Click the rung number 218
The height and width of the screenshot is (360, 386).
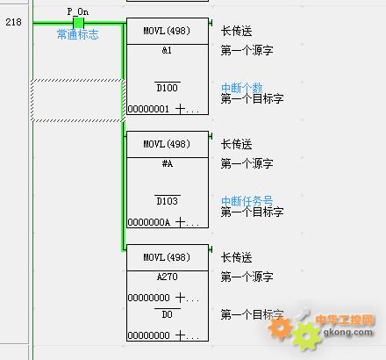point(13,22)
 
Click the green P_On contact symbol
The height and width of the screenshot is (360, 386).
point(78,23)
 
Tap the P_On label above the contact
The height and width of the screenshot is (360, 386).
point(78,11)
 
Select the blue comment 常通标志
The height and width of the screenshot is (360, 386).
point(78,34)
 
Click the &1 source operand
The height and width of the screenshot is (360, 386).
point(167,50)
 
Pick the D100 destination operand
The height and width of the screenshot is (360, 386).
point(168,88)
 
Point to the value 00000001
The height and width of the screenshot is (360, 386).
point(148,109)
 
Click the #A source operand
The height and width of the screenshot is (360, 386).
point(168,163)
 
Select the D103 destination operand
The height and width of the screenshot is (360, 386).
point(168,201)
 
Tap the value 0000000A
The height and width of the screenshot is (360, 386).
point(148,222)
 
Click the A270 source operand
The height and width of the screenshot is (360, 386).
point(168,277)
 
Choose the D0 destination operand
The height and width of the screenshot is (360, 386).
point(168,314)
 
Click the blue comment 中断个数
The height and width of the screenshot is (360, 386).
point(242,88)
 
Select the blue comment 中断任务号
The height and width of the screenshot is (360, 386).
point(247,201)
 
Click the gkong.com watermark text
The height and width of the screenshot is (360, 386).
point(348,333)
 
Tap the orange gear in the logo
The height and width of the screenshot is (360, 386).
point(280,329)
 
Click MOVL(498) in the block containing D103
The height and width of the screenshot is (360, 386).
point(167,144)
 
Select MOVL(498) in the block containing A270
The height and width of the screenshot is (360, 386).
point(167,257)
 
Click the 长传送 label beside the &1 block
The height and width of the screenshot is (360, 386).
point(237,31)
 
